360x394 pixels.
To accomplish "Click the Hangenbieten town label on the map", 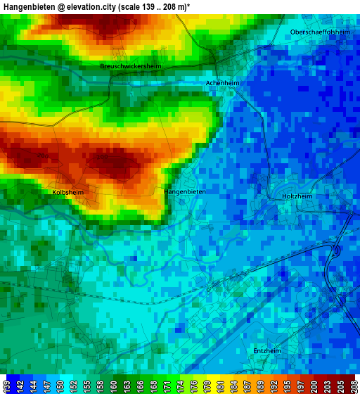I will pyautogui.click(x=184, y=191).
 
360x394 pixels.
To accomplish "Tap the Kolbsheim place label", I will pyautogui.click(x=69, y=191).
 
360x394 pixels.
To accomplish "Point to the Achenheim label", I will pyautogui.click(x=222, y=83).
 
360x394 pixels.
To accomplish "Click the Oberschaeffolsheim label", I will pyautogui.click(x=320, y=32).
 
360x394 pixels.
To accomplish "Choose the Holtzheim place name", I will pyautogui.click(x=296, y=196).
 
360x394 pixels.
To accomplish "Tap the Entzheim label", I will pyautogui.click(x=267, y=350).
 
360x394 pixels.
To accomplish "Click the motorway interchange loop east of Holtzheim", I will pyautogui.click(x=337, y=249).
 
